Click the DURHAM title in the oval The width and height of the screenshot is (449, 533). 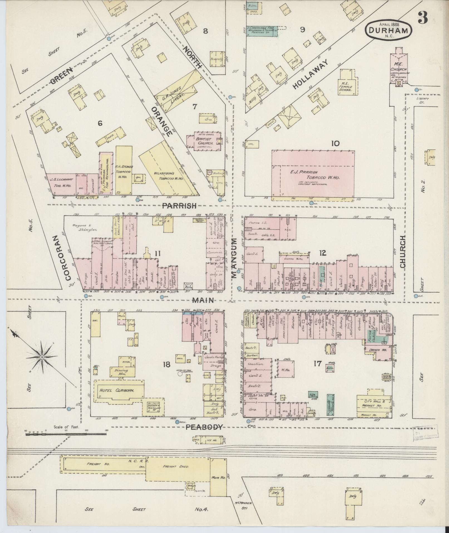389,31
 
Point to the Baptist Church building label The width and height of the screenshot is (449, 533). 203,141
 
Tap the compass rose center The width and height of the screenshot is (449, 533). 42,357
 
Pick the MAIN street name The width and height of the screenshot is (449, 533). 204,300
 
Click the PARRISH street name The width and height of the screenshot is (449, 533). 180,206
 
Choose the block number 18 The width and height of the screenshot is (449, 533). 166,364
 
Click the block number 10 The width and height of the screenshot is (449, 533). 335,143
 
